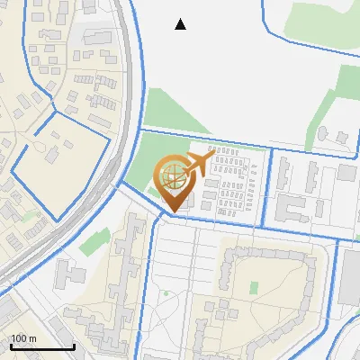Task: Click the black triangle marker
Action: coord(181,24)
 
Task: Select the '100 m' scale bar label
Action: coord(24,338)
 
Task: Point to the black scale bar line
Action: coord(41,346)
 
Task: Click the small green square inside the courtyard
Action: coord(254,288)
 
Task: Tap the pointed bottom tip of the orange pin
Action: coord(175,209)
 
